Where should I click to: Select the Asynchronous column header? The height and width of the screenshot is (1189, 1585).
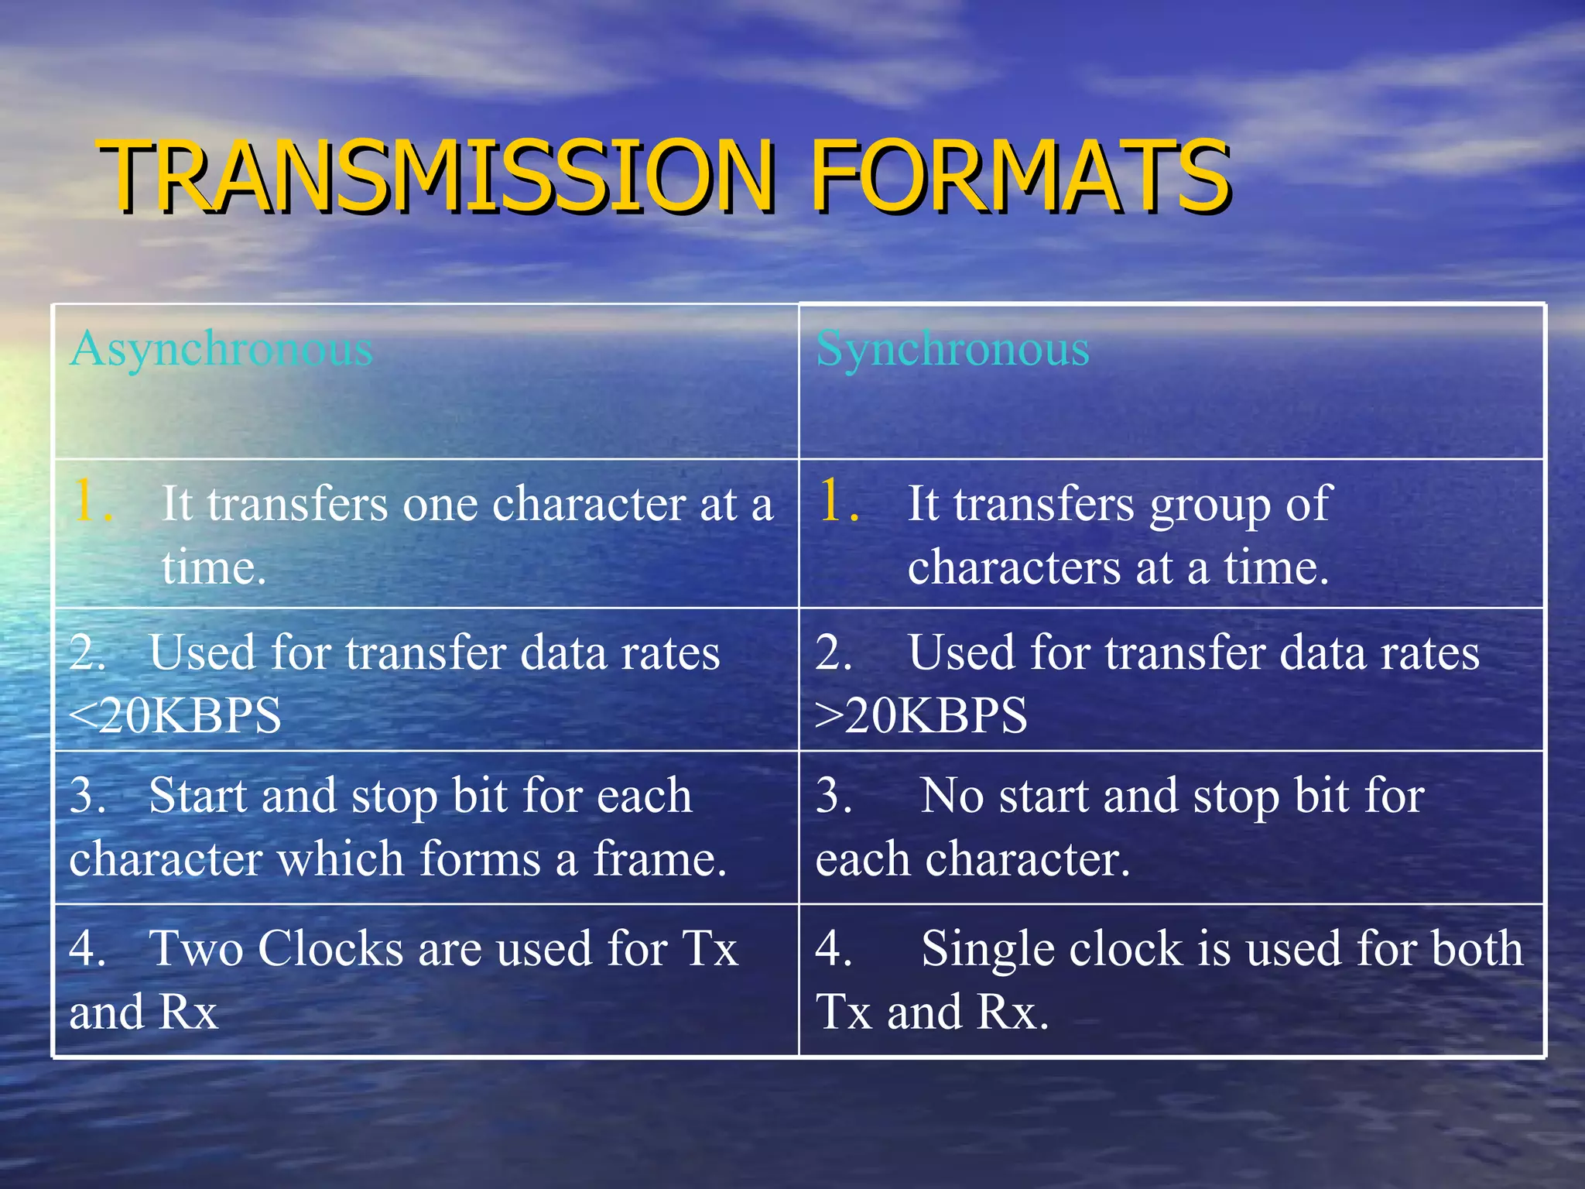click(221, 349)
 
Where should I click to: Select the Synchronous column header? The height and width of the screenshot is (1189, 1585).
click(953, 349)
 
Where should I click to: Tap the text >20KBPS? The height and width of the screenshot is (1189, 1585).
click(921, 715)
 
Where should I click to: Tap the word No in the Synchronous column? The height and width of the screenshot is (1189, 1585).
click(950, 796)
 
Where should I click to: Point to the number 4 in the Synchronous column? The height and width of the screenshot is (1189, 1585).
click(832, 949)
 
